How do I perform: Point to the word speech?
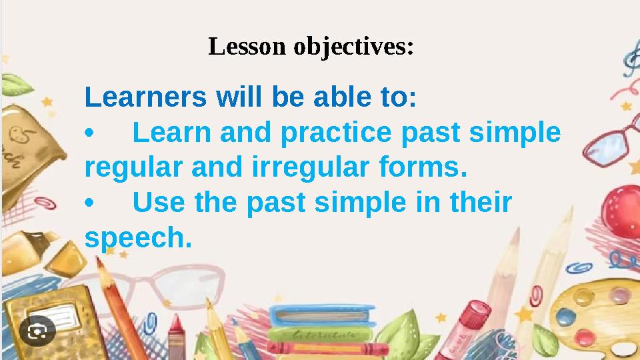click(x=137, y=238)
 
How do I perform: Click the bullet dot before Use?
click(x=91, y=203)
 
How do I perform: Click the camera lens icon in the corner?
click(x=37, y=331)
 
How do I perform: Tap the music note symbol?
click(x=630, y=63)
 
